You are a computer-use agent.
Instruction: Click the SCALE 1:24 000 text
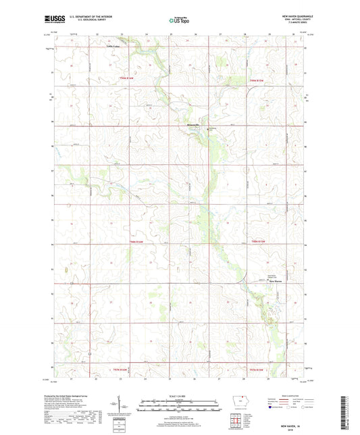(179, 396)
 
